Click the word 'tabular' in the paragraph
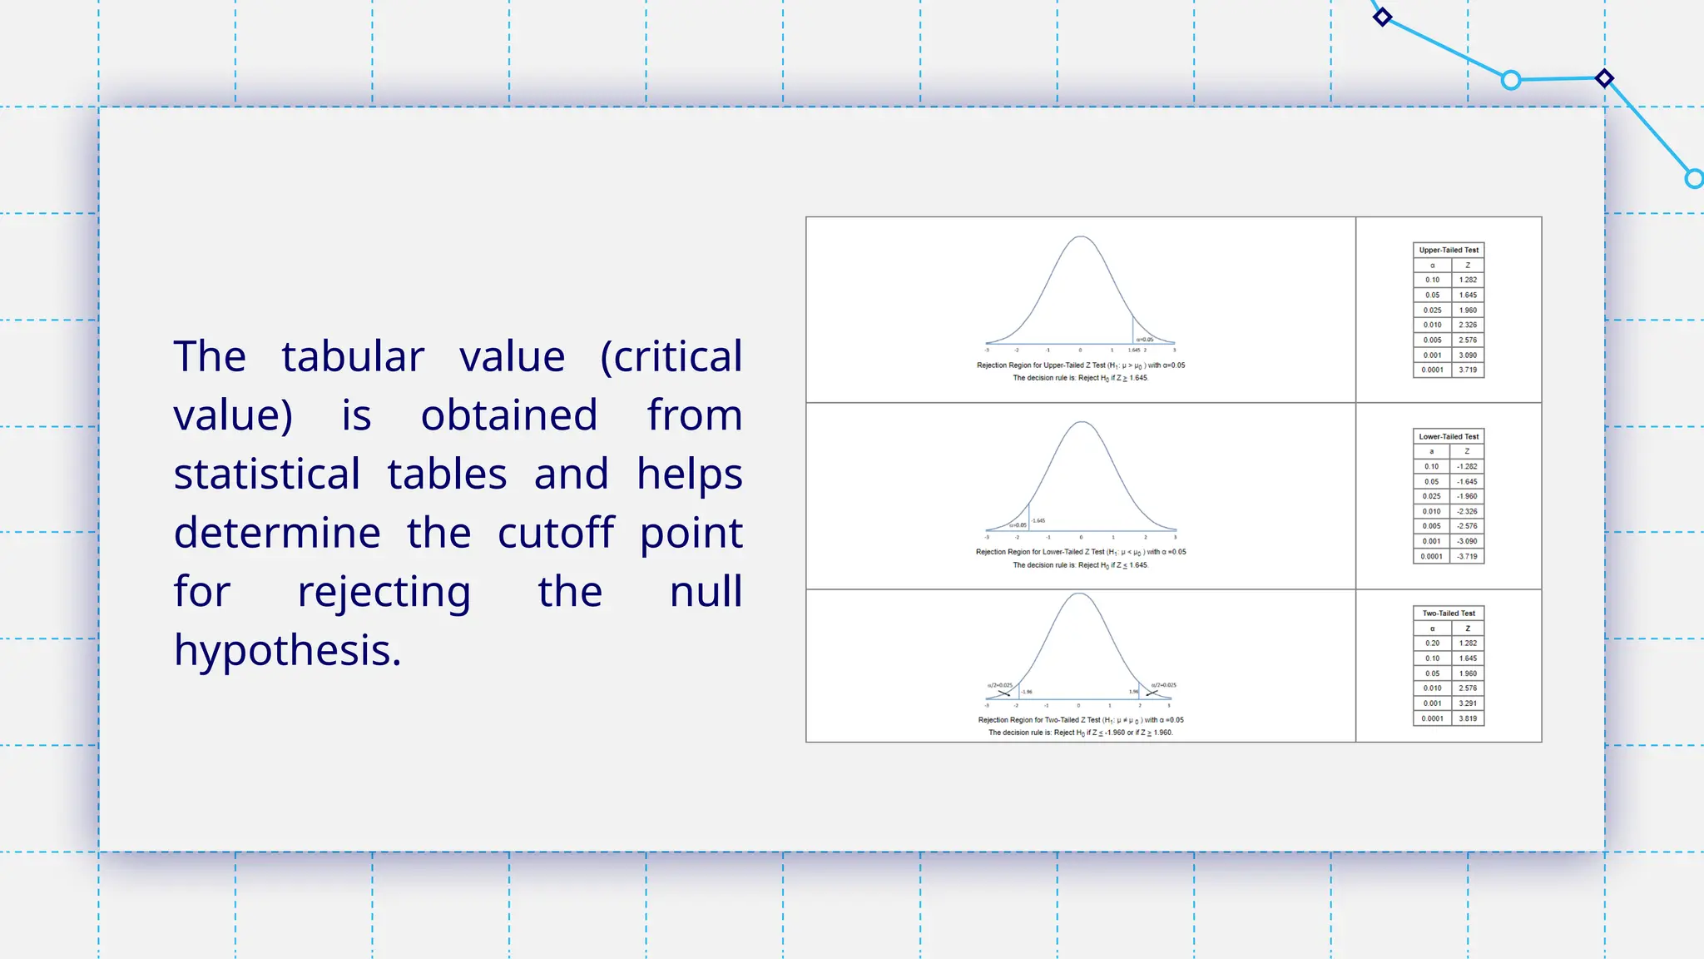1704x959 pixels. [353, 357]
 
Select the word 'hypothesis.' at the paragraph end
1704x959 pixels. [287, 650]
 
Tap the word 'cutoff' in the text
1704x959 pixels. [556, 533]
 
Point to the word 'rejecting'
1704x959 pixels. [384, 592]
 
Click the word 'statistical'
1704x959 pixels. [266, 475]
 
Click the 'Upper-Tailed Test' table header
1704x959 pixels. [1449, 250]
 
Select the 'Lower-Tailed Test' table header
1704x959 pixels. [1449, 436]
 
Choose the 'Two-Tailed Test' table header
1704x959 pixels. [1449, 614]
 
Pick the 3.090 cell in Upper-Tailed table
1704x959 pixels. [1468, 355]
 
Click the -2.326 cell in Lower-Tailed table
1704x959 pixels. [1467, 511]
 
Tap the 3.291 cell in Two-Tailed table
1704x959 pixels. [1468, 703]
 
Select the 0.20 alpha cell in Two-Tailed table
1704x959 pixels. [1432, 643]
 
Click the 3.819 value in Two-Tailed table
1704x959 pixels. [1468, 718]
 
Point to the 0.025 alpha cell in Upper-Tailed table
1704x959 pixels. [1432, 311]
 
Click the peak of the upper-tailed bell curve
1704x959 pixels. [1081, 237]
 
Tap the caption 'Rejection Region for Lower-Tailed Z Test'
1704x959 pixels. [1040, 552]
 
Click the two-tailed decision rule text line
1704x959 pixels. [1080, 733]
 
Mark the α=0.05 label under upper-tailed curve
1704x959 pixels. [1145, 340]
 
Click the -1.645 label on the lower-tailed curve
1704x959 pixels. [1038, 521]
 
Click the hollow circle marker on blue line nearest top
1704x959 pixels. [1511, 80]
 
